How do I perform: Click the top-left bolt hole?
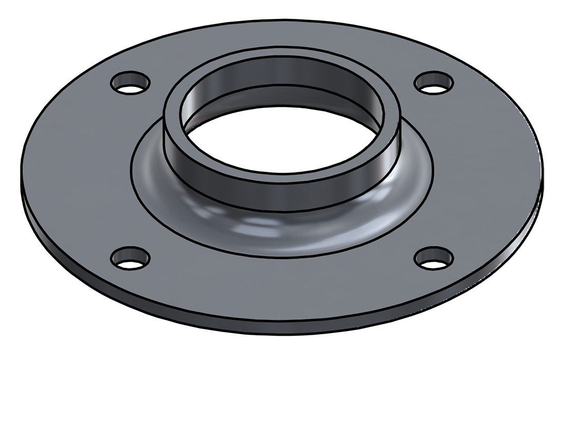pyautogui.click(x=130, y=83)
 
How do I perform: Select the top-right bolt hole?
pyautogui.click(x=434, y=83)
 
